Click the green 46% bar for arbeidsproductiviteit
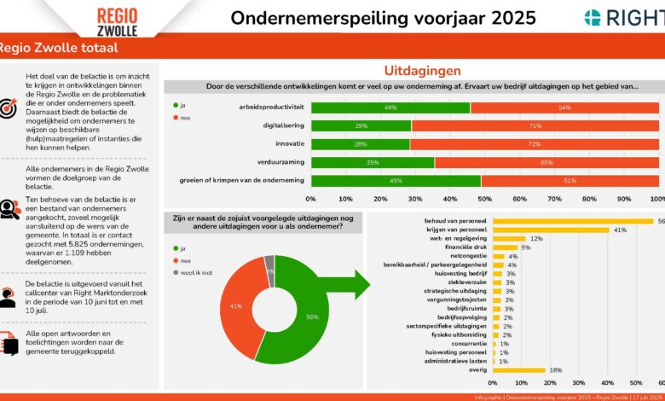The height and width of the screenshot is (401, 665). point(390,108)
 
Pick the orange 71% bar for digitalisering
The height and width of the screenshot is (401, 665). point(535,125)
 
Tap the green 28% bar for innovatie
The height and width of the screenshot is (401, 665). point(360,143)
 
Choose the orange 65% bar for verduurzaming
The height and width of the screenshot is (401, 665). point(546,161)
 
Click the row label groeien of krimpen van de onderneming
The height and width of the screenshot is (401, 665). point(242,180)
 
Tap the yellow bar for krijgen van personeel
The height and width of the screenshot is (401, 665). point(551,230)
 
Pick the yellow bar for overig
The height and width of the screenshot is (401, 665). point(519,370)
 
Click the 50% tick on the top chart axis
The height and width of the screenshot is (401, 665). point(484,198)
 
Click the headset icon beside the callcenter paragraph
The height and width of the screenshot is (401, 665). point(9,295)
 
